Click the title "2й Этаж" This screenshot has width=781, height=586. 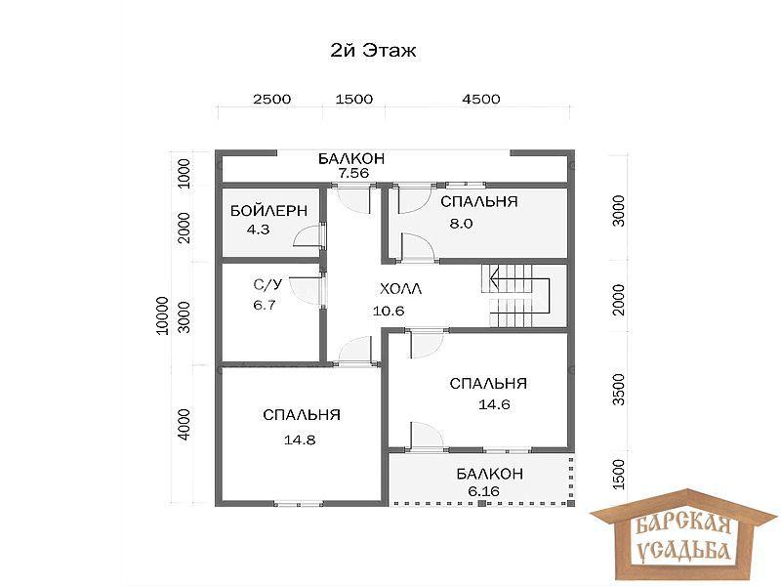373,51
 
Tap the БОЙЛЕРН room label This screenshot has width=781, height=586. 268,211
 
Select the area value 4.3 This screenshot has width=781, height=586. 258,230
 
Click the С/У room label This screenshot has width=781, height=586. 267,284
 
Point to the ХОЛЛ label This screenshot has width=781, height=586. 400,288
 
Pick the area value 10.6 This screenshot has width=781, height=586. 389,311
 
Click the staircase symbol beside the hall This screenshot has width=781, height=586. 515,296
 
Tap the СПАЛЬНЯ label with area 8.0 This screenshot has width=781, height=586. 479,201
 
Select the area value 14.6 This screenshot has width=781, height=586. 494,404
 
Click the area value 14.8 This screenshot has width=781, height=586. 300,440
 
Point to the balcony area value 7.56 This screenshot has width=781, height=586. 353,173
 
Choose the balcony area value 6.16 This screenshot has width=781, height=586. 483,491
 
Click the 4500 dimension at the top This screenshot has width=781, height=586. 480,99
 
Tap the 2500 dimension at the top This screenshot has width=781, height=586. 272,99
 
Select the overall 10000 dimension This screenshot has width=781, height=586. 162,315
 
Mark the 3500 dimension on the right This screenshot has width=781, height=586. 618,389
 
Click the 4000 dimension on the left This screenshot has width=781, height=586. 184,424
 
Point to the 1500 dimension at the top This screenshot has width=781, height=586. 354,99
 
